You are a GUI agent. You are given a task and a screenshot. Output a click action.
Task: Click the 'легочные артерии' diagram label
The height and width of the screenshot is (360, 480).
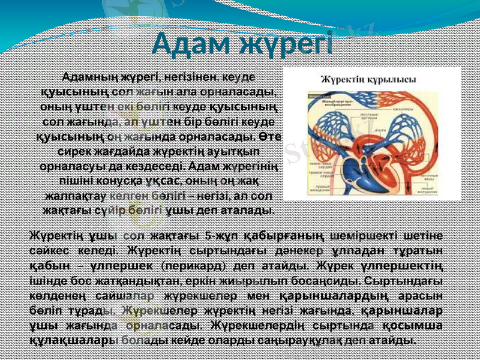[365, 115]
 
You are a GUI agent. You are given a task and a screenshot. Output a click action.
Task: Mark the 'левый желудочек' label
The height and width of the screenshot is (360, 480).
[428, 191]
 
